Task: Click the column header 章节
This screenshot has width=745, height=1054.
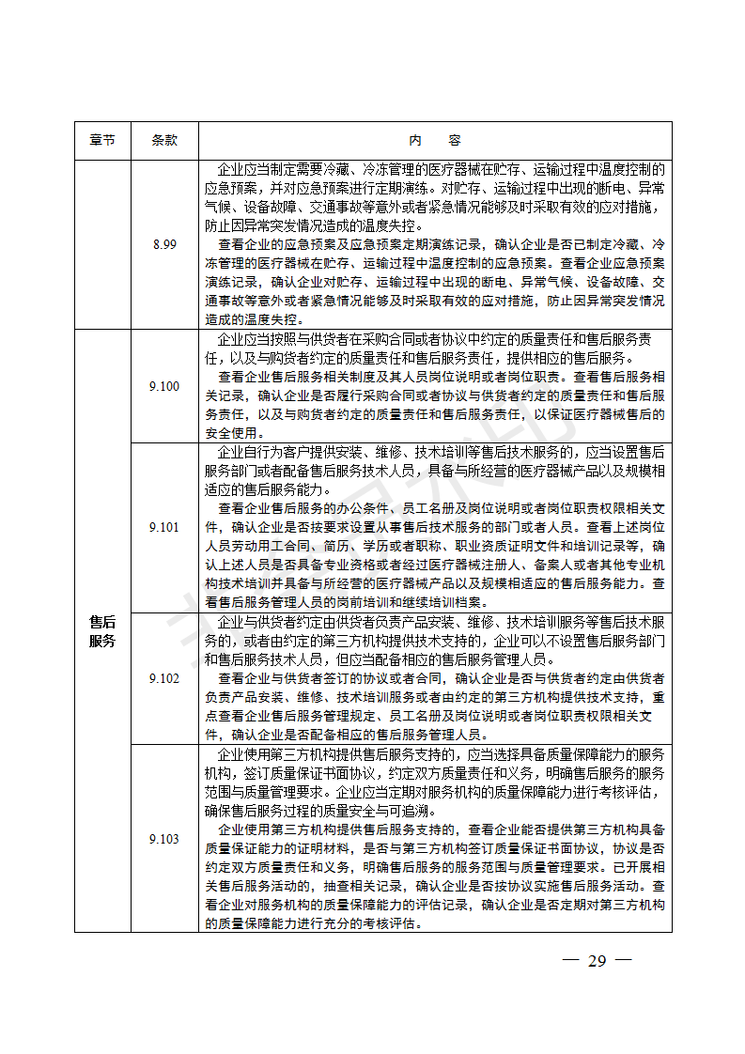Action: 102,140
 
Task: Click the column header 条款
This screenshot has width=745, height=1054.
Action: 163,140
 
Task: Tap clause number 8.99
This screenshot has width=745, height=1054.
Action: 163,244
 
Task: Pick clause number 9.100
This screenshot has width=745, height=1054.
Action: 163,386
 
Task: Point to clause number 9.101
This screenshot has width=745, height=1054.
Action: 163,527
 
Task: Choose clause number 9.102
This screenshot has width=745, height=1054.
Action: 163,678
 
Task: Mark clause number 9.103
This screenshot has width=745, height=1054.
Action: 163,839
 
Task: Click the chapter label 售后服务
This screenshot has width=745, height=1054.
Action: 102,631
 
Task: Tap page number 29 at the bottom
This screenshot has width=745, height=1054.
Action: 598,960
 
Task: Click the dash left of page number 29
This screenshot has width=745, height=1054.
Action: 569,960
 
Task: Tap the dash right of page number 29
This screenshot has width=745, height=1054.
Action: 624,960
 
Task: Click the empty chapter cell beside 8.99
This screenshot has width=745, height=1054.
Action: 102,244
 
